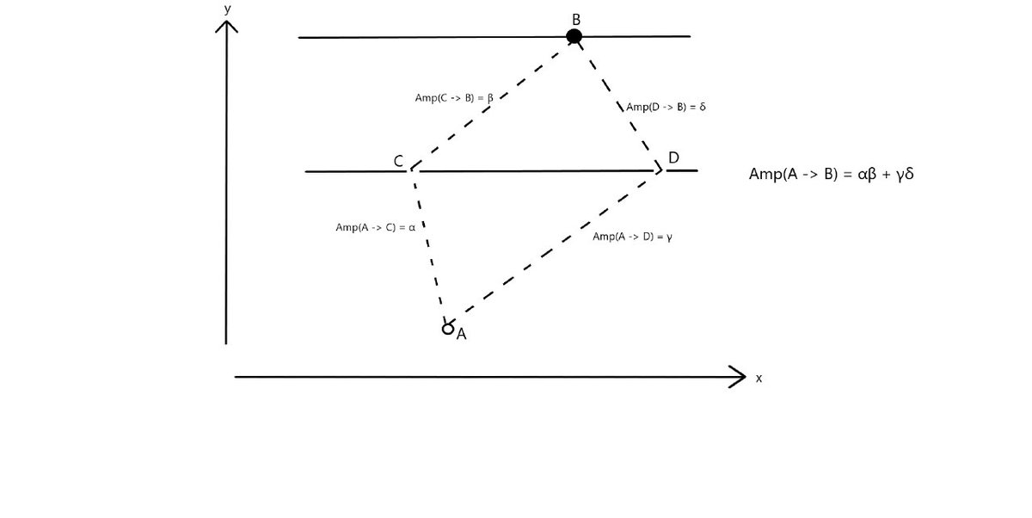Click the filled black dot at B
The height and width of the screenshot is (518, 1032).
coord(574,36)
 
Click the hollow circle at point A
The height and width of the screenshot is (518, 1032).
coord(447,328)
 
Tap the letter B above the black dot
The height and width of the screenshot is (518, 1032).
coord(575,18)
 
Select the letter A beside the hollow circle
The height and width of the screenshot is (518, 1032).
coord(462,335)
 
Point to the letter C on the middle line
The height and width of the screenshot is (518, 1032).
coord(399,161)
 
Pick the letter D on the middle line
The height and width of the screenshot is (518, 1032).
coord(673,157)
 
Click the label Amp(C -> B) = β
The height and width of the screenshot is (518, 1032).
coord(454,98)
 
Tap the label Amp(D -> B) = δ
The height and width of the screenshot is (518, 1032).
coord(666,107)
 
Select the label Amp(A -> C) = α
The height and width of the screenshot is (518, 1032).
coord(376,227)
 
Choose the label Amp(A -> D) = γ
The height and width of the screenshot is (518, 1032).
coord(633,237)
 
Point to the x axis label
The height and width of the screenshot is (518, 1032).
coord(759,378)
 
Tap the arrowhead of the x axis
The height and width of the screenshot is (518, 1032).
coord(739,376)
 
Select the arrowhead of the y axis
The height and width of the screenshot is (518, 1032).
coord(226,25)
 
